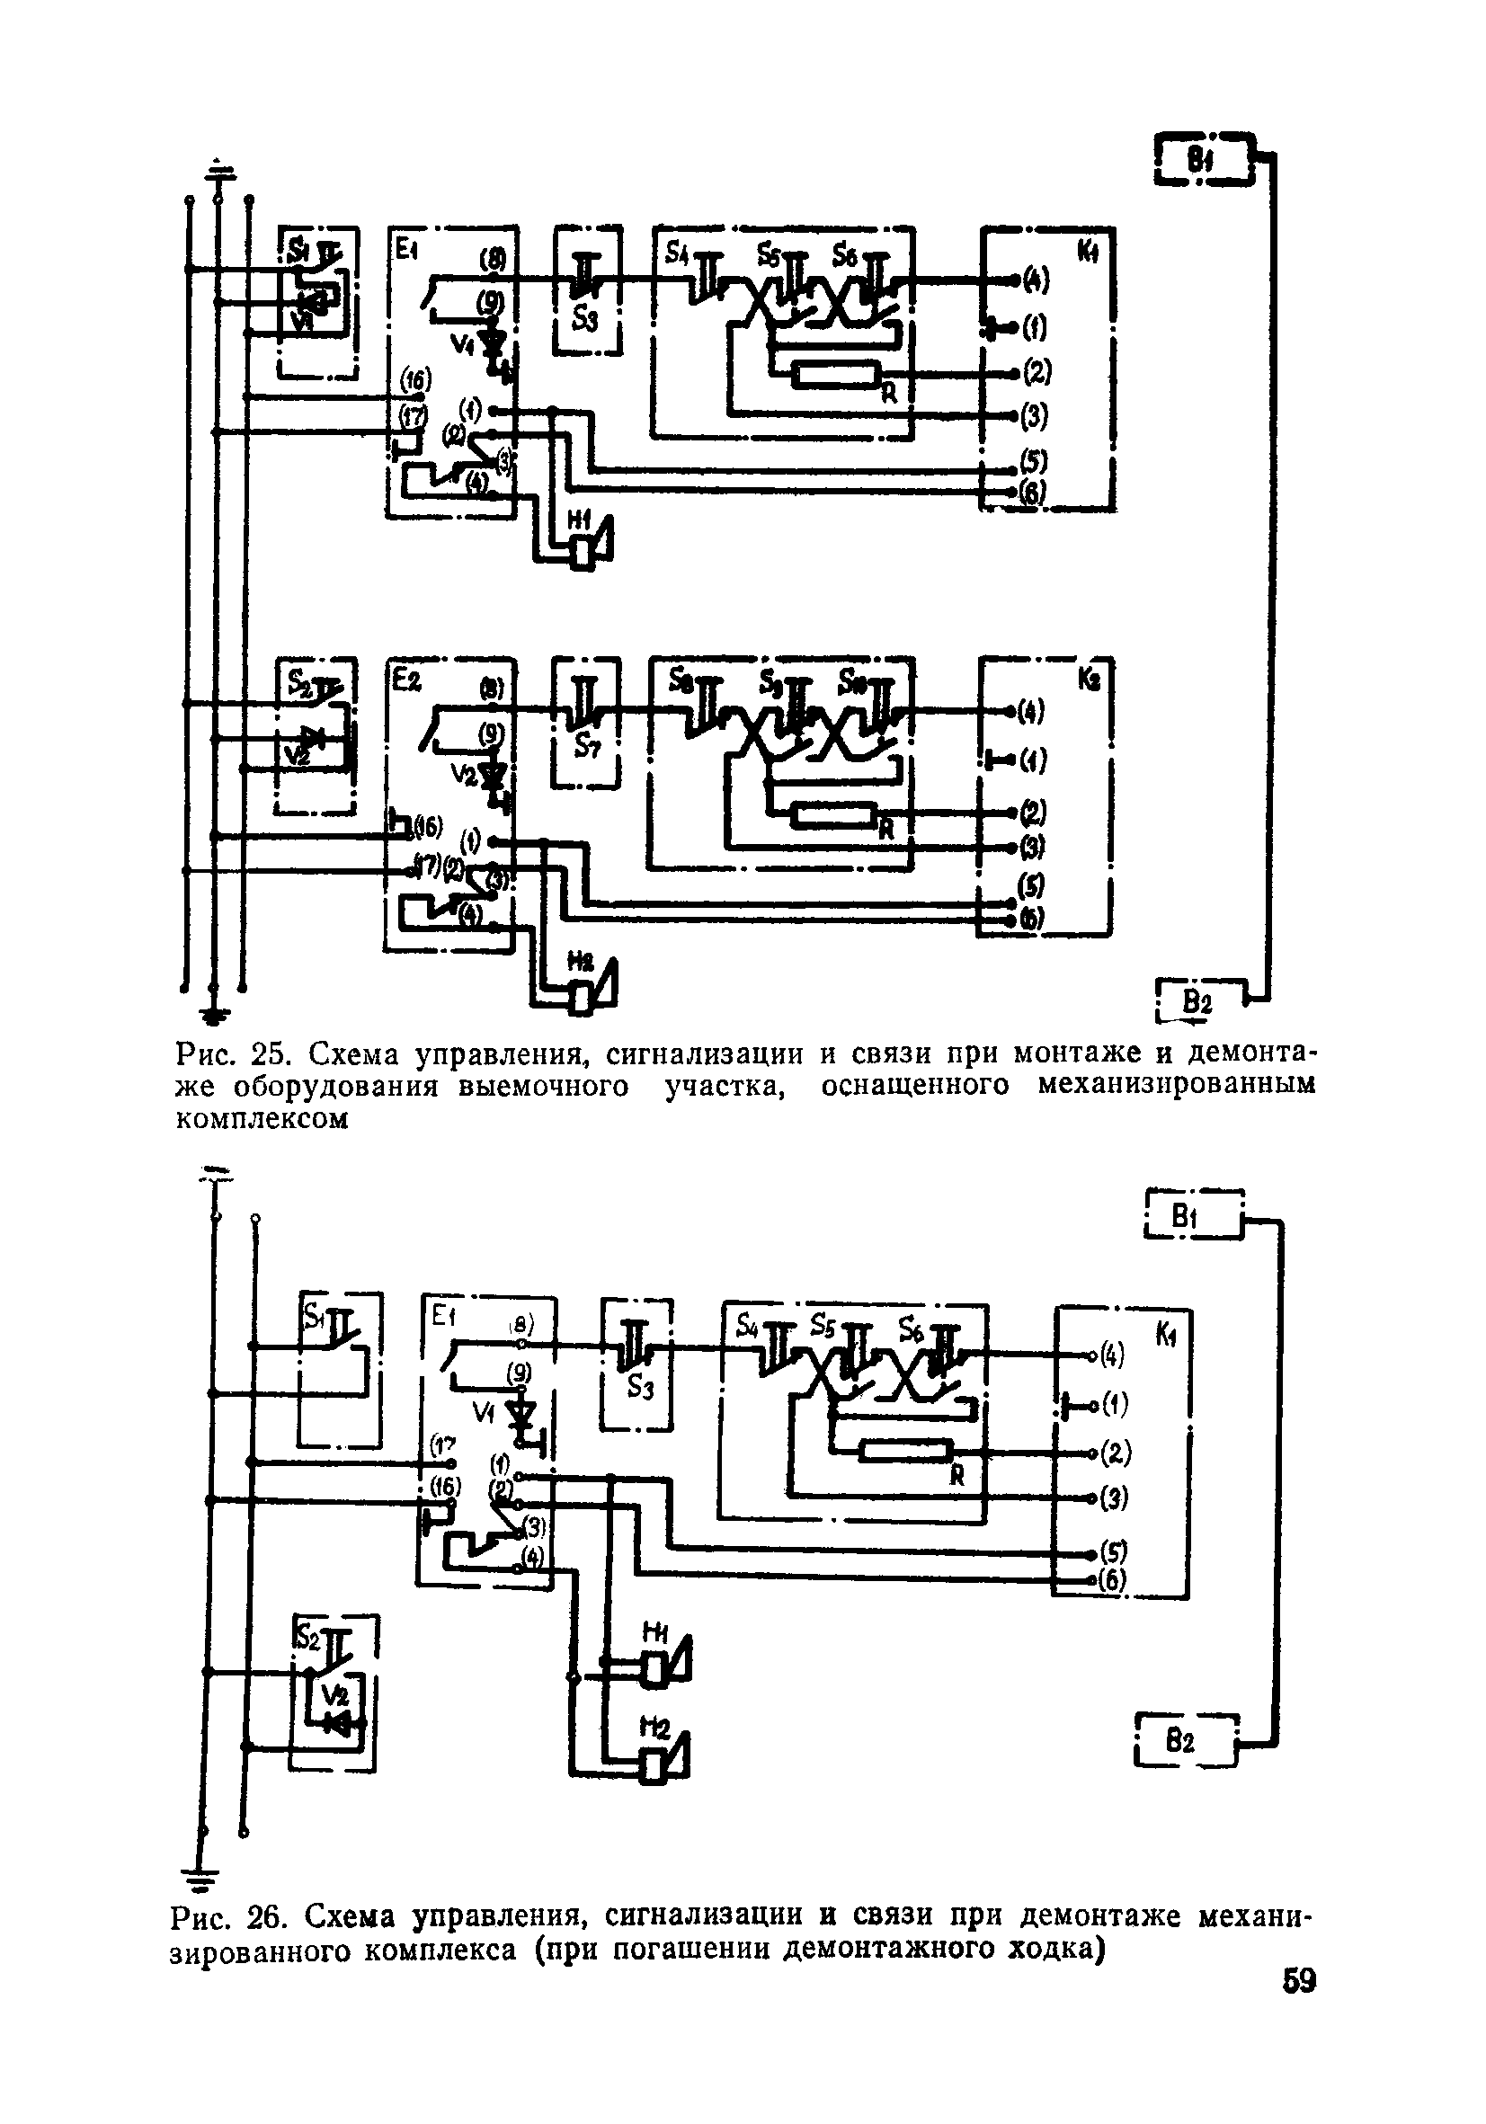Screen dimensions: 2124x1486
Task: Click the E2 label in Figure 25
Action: (405, 680)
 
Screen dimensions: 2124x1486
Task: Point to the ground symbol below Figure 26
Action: (204, 1878)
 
